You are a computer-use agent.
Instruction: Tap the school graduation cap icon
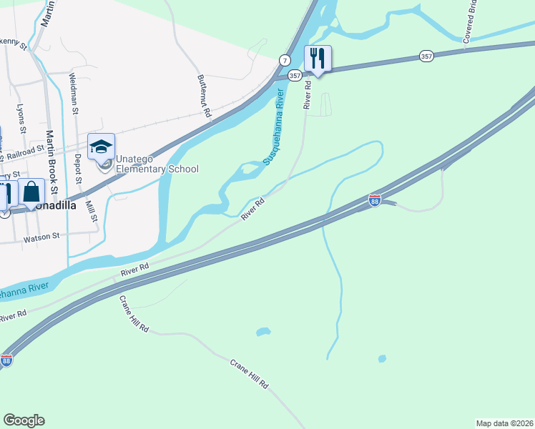pyautogui.click(x=101, y=147)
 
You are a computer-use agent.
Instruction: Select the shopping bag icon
pyautogui.click(x=31, y=192)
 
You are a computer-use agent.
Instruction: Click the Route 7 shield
pyautogui.click(x=285, y=60)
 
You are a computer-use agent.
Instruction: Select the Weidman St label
pyautogui.click(x=74, y=94)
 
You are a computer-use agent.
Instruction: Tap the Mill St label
pyautogui.click(x=91, y=210)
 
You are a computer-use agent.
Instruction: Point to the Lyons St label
pyautogui.click(x=21, y=119)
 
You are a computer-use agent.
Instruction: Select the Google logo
pyautogui.click(x=24, y=420)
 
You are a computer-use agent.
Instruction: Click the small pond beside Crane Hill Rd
pyautogui.click(x=263, y=332)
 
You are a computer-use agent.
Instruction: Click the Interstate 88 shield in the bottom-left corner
pyautogui.click(x=6, y=361)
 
